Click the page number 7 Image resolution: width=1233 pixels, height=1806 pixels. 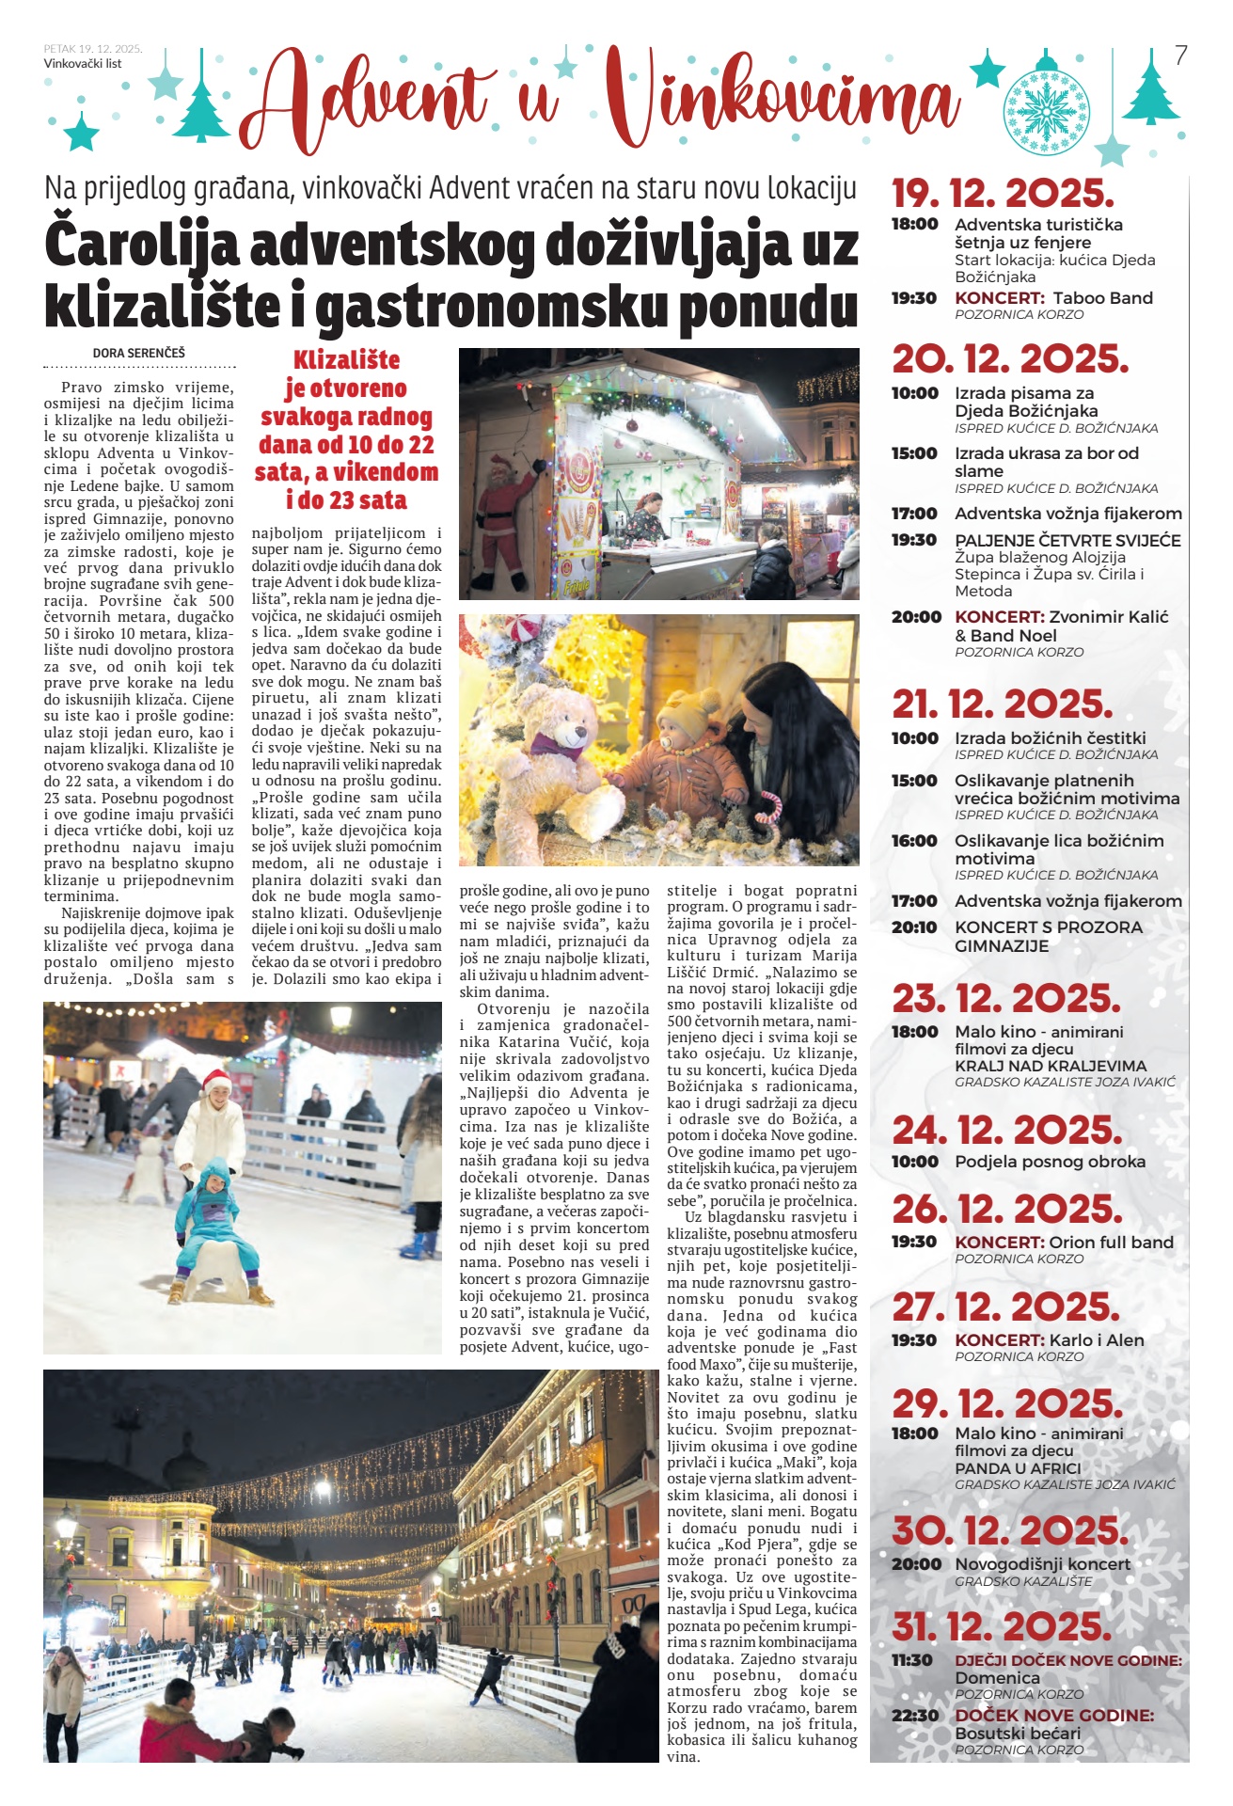[x=1181, y=56]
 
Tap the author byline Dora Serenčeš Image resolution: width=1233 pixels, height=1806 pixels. [x=139, y=353]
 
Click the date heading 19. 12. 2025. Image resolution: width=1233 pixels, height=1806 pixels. [x=1003, y=194]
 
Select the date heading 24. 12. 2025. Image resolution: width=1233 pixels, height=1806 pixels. [x=1006, y=1130]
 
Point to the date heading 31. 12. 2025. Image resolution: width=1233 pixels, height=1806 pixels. [x=1002, y=1625]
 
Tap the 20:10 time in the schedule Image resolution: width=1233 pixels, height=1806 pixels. [x=914, y=927]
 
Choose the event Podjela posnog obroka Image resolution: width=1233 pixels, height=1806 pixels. [x=1050, y=1162]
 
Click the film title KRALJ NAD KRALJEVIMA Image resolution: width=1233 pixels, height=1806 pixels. [x=1051, y=1066]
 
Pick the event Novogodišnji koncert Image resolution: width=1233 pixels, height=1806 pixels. [x=1042, y=1564]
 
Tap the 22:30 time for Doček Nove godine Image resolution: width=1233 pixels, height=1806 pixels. [x=914, y=1716]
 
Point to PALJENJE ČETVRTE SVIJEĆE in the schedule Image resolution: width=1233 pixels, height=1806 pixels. [x=1067, y=541]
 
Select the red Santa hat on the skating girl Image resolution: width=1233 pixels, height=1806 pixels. [x=216, y=1079]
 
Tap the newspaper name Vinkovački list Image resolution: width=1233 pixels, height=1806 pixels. [x=83, y=64]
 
